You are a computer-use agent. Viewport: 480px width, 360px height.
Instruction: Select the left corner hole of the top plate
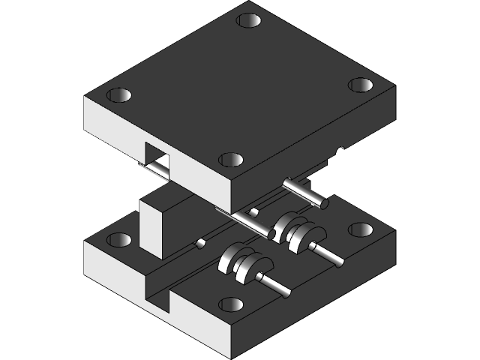[x=118, y=96]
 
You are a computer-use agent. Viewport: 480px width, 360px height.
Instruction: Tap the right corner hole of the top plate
[x=361, y=85]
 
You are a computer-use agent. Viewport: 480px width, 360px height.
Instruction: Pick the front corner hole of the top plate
[x=232, y=160]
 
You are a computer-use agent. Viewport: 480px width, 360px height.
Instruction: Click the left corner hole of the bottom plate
[x=118, y=240]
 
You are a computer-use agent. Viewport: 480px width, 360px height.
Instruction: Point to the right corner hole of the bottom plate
[x=361, y=229]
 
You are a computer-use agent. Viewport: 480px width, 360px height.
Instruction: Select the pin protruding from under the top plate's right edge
[x=307, y=192]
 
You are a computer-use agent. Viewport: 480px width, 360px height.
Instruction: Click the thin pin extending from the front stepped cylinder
[x=276, y=286]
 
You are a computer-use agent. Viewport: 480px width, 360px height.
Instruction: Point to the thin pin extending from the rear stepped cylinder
[x=330, y=254]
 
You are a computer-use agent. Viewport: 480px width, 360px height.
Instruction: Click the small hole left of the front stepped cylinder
[x=201, y=243]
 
